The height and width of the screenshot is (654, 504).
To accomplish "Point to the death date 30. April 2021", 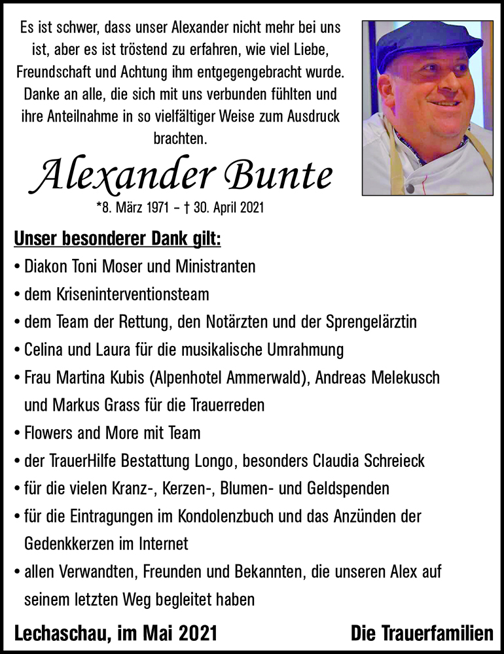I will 226,208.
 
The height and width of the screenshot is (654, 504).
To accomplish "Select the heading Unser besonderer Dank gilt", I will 117,239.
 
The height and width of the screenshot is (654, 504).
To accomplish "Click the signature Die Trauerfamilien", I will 422,633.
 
